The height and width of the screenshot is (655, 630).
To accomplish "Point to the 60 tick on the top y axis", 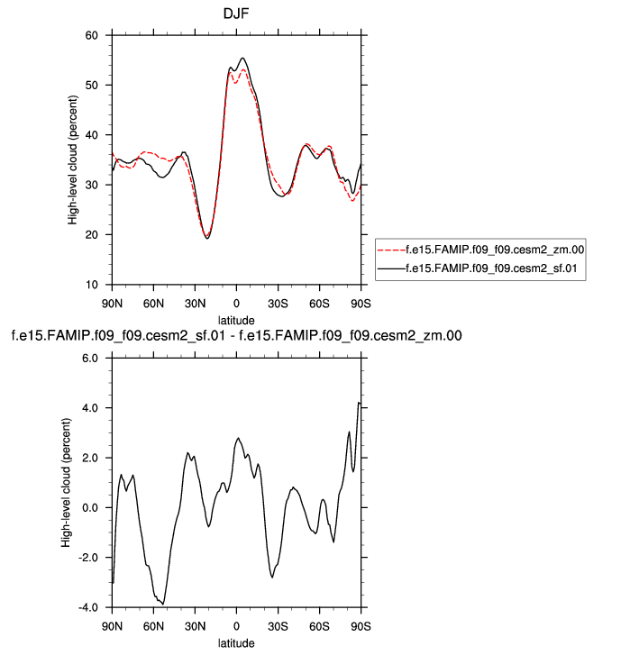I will coord(91,35).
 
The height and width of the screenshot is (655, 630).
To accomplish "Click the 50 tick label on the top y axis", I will coord(91,86).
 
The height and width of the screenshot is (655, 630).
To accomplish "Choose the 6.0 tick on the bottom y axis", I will coord(89,358).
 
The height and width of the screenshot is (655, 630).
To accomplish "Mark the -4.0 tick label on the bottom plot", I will coord(87,607).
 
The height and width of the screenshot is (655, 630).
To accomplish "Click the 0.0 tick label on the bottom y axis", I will coord(89,507).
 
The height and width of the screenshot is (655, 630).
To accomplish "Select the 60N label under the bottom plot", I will coord(153,624).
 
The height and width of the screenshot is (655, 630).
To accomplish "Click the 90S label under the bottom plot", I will coord(361,624).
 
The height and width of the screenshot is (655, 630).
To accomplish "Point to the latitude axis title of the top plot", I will coord(236,320).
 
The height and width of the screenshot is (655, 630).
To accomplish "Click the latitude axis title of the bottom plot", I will coord(236,642).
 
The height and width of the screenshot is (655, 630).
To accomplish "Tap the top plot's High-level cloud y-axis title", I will coord(72,159).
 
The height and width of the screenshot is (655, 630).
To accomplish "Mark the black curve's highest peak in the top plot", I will coord(242,59).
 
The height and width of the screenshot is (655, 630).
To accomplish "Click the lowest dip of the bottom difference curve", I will coord(163,604).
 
